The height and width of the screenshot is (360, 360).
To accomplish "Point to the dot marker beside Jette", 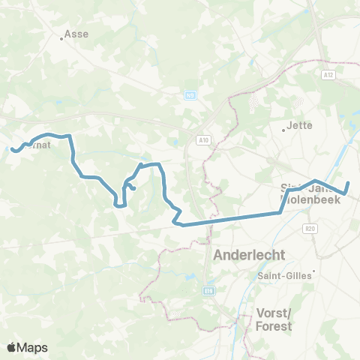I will [284, 130].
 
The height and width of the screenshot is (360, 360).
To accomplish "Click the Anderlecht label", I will [250, 254].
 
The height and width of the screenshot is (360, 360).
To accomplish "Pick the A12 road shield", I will [329, 75].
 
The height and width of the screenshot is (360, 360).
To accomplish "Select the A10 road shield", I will [203, 139].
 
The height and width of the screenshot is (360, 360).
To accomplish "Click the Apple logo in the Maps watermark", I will [12, 347].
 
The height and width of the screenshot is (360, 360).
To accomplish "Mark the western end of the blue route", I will [13, 149].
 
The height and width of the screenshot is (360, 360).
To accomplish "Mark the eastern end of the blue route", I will [349, 182].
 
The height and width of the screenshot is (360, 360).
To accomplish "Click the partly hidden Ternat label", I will [37, 145].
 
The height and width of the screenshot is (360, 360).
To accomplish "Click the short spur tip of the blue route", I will [133, 188].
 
